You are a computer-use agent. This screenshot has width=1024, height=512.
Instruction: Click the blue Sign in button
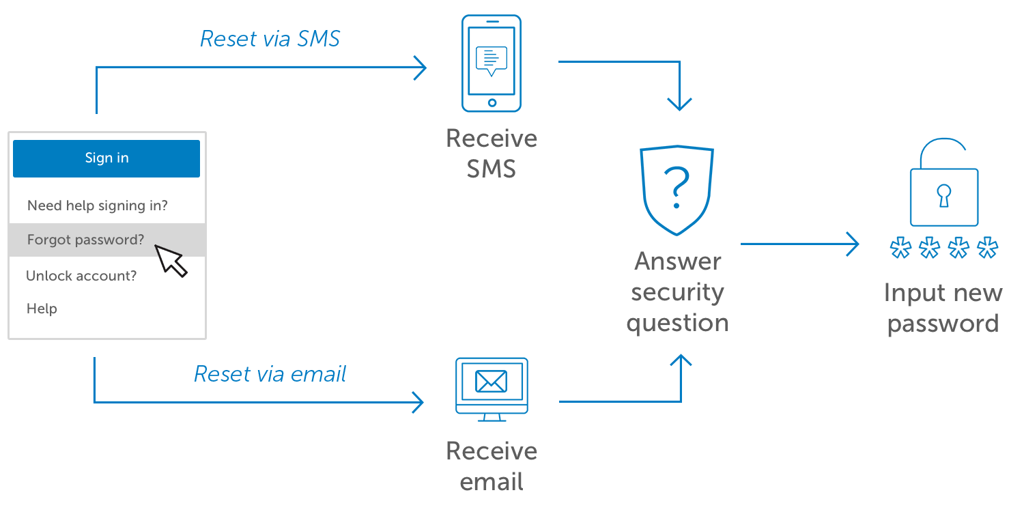[106, 158]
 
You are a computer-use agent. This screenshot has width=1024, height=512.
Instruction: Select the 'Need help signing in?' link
[98, 205]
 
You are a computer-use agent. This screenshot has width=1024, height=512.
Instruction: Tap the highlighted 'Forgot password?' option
[86, 240]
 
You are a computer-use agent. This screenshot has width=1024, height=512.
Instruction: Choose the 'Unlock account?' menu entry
[81, 276]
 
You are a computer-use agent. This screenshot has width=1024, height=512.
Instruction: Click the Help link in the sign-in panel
[42, 309]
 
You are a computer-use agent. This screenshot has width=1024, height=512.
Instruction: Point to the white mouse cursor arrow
[170, 260]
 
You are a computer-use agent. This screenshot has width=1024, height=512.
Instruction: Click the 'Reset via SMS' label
[270, 39]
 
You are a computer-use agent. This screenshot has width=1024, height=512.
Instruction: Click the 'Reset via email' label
[270, 374]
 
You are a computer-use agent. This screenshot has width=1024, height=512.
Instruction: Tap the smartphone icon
[492, 63]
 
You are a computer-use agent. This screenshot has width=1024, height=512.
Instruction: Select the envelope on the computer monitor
[492, 381]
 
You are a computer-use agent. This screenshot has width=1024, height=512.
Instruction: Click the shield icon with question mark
[677, 190]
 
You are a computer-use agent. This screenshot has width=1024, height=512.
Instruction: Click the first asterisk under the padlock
[900, 248]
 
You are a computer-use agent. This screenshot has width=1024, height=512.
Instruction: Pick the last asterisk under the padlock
[987, 248]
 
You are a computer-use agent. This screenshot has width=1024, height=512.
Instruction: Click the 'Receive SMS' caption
[492, 154]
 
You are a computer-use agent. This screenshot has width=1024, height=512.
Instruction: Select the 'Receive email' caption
[492, 466]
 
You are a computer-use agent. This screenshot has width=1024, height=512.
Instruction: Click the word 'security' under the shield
[677, 293]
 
